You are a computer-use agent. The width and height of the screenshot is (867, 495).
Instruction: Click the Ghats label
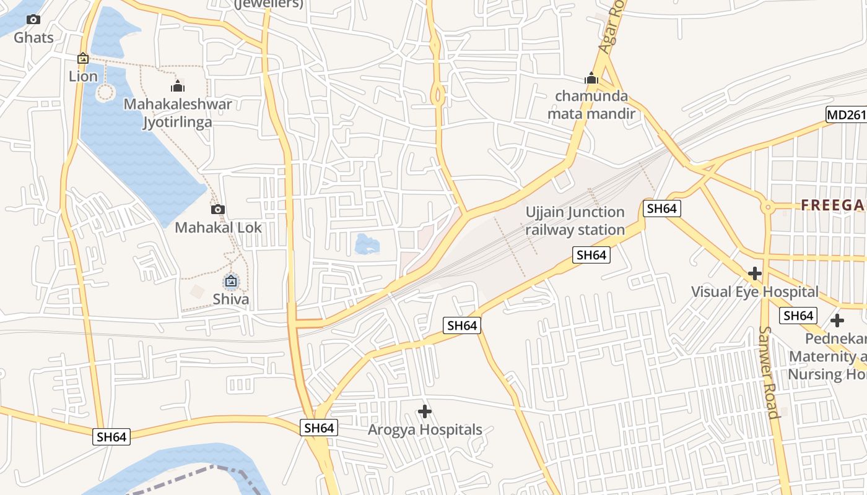coord(33,37)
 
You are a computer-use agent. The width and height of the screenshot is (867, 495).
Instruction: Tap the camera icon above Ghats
coord(33,20)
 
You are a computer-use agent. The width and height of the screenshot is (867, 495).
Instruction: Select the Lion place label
coord(83,76)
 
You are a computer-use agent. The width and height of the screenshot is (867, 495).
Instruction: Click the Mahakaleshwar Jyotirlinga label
coord(178,113)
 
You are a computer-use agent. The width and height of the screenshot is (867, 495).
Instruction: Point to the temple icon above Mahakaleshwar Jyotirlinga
coord(178,85)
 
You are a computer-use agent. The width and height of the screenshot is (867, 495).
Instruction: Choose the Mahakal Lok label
coord(218,227)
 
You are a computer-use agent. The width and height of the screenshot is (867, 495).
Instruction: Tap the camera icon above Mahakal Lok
coord(218,209)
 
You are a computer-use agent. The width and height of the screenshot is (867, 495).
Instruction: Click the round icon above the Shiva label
coord(231,282)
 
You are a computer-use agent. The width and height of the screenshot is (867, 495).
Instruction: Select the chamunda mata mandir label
coord(591,105)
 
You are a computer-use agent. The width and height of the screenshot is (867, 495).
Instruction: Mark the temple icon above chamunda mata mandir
coord(591,78)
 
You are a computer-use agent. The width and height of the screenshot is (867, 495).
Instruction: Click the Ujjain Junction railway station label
coord(575,221)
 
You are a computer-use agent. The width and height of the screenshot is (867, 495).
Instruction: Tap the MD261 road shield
coord(845,114)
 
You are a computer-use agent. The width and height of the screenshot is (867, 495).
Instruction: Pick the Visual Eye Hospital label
coord(754,291)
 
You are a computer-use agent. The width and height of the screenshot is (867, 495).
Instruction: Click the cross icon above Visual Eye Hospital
coord(754,273)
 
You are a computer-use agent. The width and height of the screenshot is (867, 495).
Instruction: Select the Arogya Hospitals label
coord(425,429)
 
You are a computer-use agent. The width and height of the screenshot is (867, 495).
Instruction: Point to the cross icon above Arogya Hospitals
coord(425,411)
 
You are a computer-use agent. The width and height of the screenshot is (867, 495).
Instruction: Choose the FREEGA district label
coord(834,205)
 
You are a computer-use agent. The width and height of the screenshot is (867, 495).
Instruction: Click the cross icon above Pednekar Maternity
coord(837,321)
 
